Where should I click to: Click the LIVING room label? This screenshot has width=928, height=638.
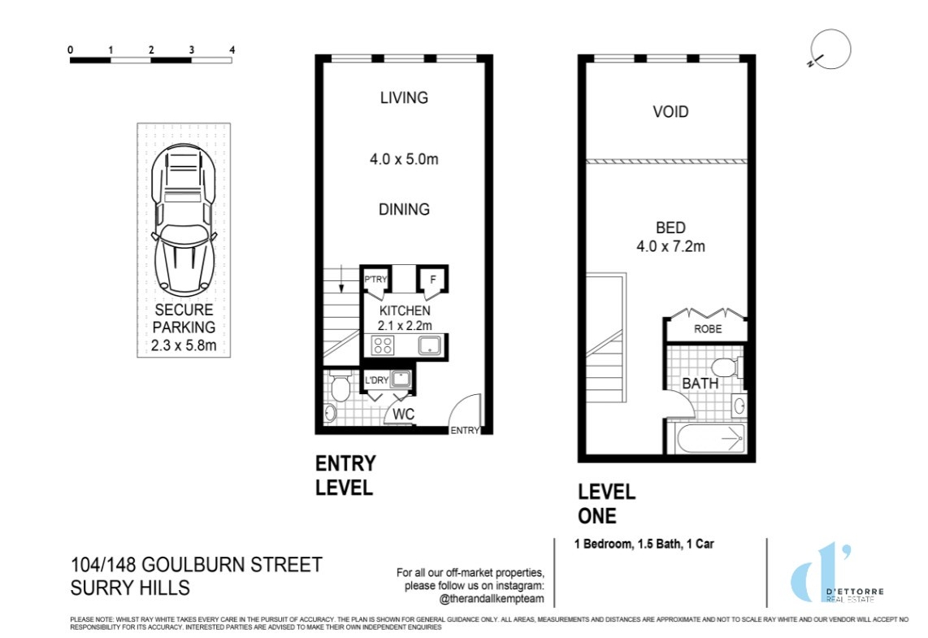pos(404,98)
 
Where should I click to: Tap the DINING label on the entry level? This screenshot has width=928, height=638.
pos(404,210)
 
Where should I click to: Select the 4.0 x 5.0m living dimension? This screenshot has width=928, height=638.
pos(404,159)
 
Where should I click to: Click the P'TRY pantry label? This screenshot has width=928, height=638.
pos(375,280)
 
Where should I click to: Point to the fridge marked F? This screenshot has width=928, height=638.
pos(432,280)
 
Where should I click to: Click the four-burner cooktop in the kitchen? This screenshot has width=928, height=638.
pos(383,345)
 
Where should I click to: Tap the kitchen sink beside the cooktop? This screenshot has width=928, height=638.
pos(429,345)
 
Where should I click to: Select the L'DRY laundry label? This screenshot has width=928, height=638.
pos(376,380)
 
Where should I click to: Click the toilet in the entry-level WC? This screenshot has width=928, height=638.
pos(340,386)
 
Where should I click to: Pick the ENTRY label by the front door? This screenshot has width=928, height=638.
pos(465,430)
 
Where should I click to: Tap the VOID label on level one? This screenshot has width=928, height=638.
pos(670,112)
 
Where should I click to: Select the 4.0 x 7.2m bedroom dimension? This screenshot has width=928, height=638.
pos(670,246)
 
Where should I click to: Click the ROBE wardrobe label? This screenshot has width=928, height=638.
pos(708,328)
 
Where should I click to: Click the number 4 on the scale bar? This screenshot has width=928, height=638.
pos(232,50)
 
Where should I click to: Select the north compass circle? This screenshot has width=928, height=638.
pos(831,49)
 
